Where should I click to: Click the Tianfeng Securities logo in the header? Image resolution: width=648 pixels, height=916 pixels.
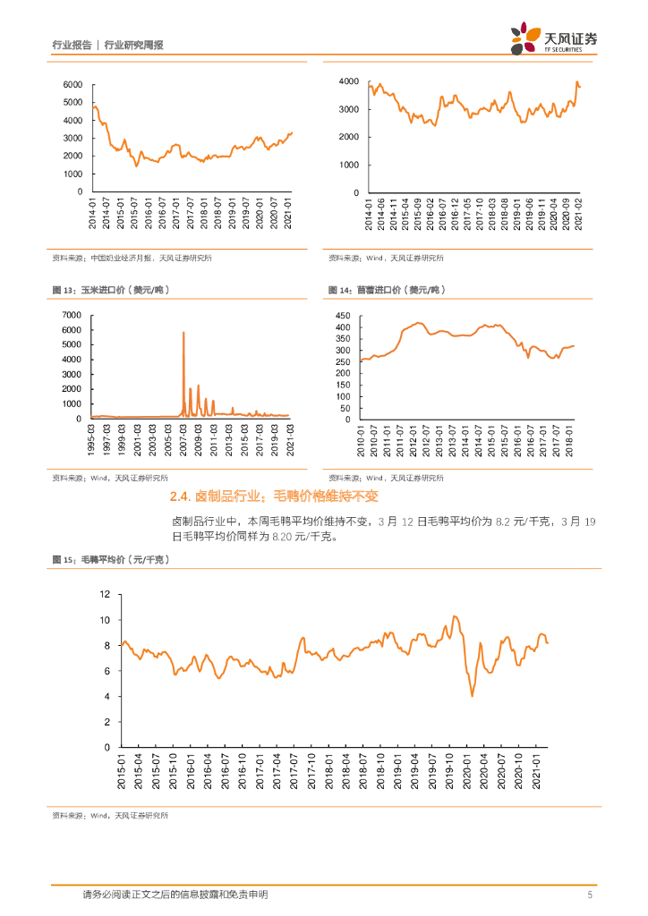555,38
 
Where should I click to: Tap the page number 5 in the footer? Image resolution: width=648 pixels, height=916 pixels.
590,894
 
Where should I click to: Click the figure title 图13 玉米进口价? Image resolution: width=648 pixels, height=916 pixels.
112,290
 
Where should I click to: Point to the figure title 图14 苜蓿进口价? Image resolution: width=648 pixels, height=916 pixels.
387,290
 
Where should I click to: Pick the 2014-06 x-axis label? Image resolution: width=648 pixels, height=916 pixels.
380,212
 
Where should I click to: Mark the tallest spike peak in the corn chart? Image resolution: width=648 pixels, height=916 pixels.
183,333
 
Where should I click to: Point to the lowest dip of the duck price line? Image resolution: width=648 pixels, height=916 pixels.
472,695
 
